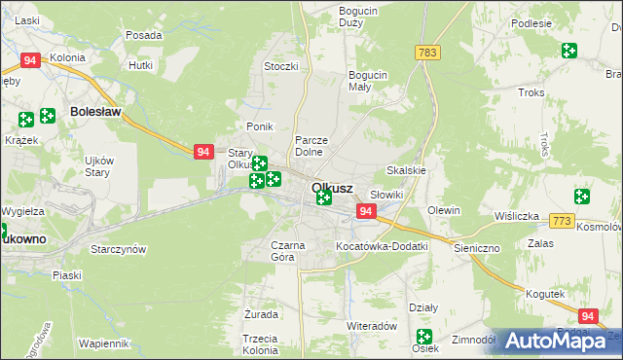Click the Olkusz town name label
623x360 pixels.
point(332,188)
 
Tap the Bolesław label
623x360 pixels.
point(95,112)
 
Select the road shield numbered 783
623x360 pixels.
point(425,52)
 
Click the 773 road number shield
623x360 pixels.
point(561,222)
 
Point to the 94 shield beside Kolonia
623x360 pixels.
point(30,60)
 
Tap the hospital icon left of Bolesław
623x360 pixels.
point(26,120)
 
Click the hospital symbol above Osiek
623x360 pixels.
point(423,337)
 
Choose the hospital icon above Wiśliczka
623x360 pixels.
point(581,196)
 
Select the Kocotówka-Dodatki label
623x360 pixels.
point(382,246)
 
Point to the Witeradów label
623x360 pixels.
point(371,326)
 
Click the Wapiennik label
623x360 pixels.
point(104,343)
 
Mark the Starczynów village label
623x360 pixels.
point(118,249)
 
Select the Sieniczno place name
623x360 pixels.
point(477,248)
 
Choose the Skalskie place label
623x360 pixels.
point(407,169)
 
